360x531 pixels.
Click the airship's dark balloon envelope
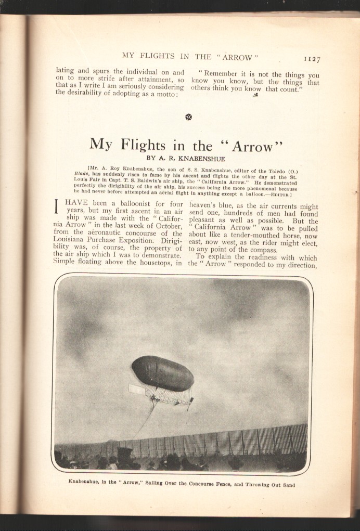tap(162, 373)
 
